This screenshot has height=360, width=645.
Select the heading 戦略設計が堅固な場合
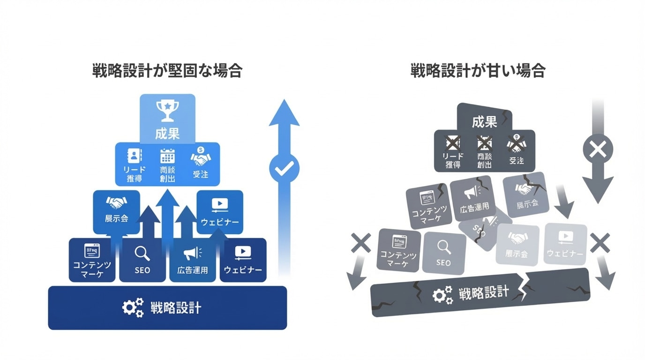(x=167, y=71)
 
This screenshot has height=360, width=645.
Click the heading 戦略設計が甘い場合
(x=478, y=71)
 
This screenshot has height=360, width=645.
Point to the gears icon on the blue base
(x=133, y=308)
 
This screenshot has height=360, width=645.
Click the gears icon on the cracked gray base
(x=442, y=294)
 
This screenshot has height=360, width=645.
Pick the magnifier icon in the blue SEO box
(x=142, y=254)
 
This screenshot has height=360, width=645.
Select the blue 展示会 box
(x=116, y=211)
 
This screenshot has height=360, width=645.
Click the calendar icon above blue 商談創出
(x=167, y=156)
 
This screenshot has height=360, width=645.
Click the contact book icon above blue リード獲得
(x=135, y=156)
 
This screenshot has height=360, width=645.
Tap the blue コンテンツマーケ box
(x=92, y=260)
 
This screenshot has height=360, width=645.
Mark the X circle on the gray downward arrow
(x=598, y=150)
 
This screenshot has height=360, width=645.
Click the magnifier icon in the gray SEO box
(x=443, y=247)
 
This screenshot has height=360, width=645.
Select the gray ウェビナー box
(x=565, y=244)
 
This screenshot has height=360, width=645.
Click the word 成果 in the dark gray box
(x=484, y=122)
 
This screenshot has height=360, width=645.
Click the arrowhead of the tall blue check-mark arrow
(x=284, y=114)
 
